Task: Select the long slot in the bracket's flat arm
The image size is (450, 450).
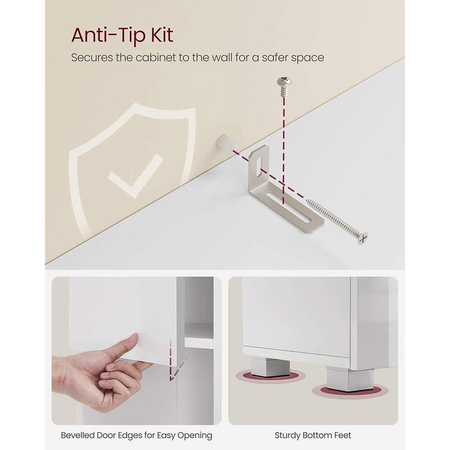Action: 288,207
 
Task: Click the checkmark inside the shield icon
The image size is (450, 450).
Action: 135,175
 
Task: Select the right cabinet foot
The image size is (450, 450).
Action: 350,379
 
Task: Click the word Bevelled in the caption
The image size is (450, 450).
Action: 77,435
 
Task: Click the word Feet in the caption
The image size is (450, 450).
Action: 343,435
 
